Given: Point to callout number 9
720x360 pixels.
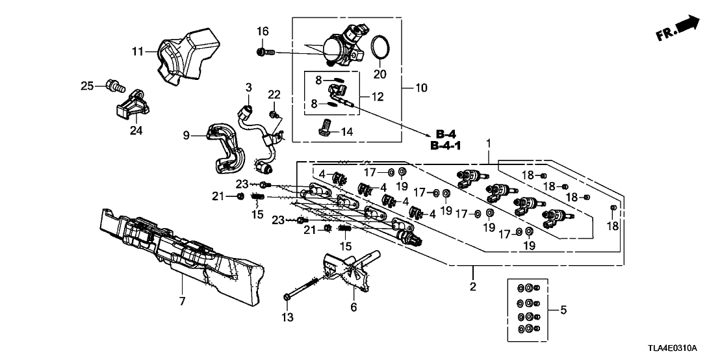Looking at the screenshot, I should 187,136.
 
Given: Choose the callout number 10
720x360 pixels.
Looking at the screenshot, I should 417,86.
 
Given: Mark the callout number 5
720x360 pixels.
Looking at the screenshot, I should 562,310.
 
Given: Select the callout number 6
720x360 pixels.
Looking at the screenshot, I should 354,307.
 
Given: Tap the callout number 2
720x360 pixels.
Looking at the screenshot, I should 473,287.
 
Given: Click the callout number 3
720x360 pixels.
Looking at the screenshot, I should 248,87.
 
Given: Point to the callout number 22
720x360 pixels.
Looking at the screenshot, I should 274,96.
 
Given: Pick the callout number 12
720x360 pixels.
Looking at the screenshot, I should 378,97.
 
